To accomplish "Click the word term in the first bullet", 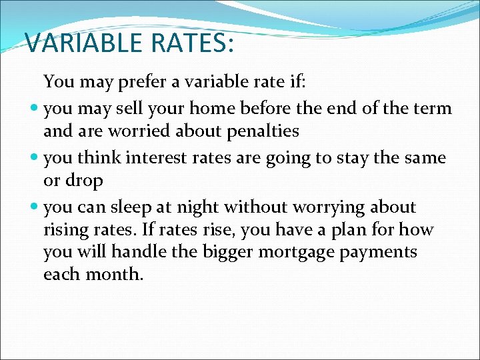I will [x=432, y=108].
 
